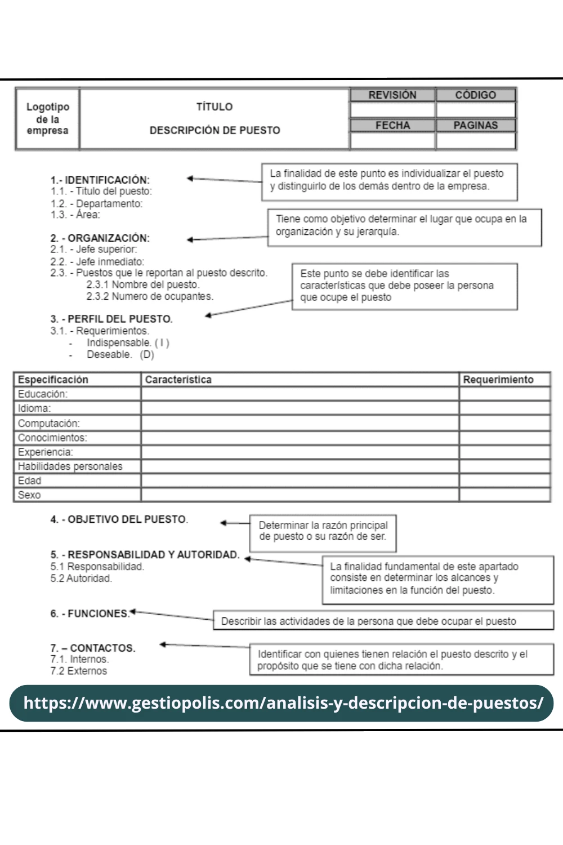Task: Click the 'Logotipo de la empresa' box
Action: click(x=48, y=119)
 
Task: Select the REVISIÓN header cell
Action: click(x=392, y=95)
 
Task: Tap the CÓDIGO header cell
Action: click(x=476, y=95)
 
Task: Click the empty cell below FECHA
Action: click(x=392, y=141)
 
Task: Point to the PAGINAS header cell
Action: click(x=476, y=125)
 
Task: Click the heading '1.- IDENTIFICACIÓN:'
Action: click(x=100, y=180)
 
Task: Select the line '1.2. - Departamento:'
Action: click(x=97, y=203)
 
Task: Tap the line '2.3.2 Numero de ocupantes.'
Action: click(x=150, y=296)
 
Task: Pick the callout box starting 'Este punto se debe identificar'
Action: click(x=404, y=286)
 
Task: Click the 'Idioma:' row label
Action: click(x=34, y=408)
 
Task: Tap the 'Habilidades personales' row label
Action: click(x=70, y=466)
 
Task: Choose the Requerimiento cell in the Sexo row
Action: click(x=504, y=495)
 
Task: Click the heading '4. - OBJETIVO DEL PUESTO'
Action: click(x=119, y=519)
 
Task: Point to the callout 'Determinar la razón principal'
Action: click(x=323, y=531)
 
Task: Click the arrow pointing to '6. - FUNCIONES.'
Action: click(x=172, y=616)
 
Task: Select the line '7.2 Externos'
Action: click(x=79, y=671)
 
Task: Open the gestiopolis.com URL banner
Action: click(x=281, y=703)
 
